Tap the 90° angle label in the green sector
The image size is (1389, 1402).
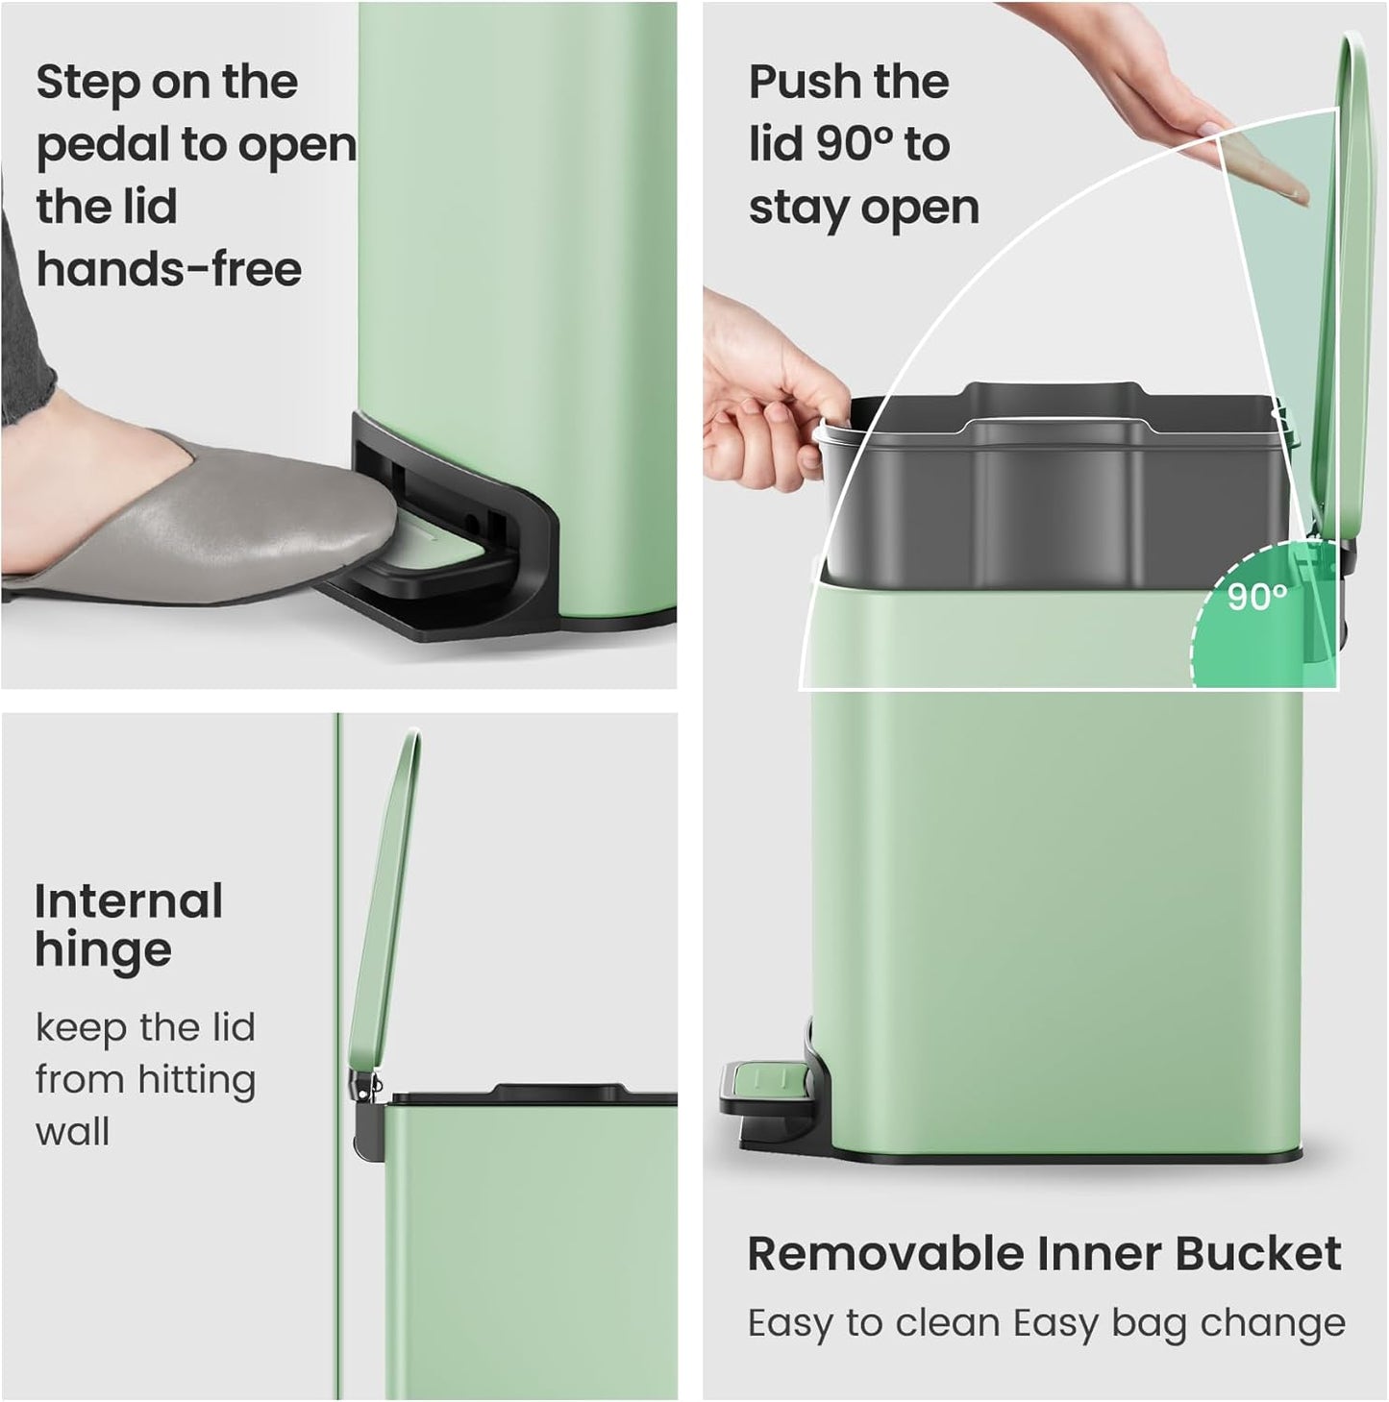coord(1256,598)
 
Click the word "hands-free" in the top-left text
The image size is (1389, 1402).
coord(169,269)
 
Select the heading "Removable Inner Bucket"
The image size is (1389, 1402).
coord(1044,1254)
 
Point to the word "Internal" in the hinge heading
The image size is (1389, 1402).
coord(129,901)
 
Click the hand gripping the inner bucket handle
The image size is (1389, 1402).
coord(769,394)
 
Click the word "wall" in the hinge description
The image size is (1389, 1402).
coord(72,1131)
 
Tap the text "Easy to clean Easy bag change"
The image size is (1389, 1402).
coord(1046,1323)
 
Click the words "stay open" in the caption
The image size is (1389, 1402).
coord(863,208)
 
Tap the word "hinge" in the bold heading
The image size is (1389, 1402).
coord(103,950)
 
